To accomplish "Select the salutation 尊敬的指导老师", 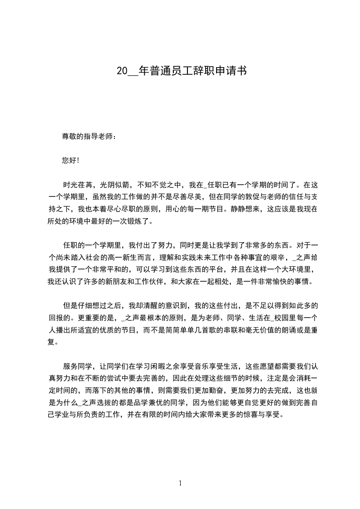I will click(x=89, y=136).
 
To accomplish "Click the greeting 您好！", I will click(x=71, y=160).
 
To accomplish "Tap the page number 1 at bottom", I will click(x=180, y=483).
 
